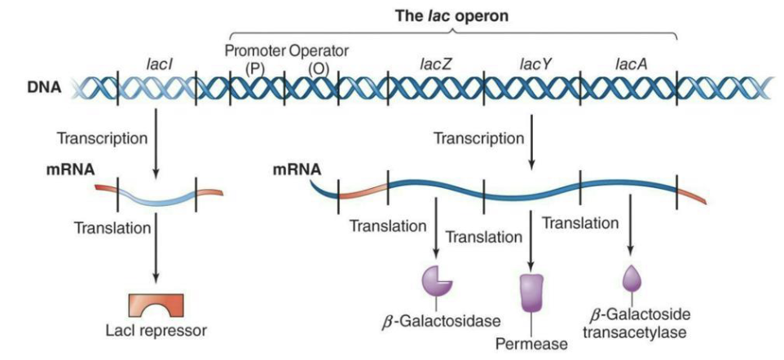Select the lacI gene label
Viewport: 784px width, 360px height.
(158, 62)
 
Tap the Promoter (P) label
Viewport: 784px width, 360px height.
(255, 59)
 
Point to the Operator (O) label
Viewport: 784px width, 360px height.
(319, 59)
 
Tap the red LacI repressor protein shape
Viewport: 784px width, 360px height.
(156, 306)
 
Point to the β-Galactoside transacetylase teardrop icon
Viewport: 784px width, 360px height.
(632, 279)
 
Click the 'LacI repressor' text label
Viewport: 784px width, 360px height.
(156, 331)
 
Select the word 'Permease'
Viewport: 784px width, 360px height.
(531, 345)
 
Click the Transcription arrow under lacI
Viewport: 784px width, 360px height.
(156, 147)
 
